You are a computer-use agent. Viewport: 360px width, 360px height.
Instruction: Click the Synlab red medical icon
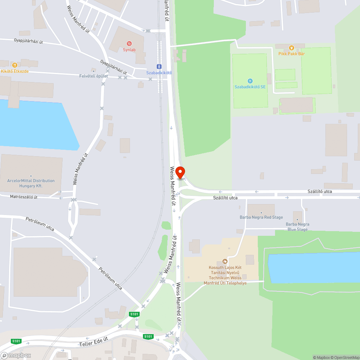pyautogui.click(x=129, y=44)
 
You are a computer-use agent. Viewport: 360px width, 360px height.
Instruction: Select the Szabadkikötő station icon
pyautogui.click(x=159, y=67)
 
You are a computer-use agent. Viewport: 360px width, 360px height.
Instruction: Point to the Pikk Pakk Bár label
pyautogui.click(x=291, y=54)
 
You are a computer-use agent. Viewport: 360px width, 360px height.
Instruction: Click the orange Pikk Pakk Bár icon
pyautogui.click(x=292, y=48)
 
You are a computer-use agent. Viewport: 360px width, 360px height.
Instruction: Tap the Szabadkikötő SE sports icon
pyautogui.click(x=250, y=81)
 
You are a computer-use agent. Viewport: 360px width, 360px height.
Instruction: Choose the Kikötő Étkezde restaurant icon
pyautogui.click(x=14, y=65)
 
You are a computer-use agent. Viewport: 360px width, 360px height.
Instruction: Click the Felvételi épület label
pyautogui.click(x=94, y=76)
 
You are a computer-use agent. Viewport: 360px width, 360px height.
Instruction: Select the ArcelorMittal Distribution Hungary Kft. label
pyautogui.click(x=31, y=183)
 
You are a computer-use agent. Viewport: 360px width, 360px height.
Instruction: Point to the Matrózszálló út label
pyautogui.click(x=24, y=197)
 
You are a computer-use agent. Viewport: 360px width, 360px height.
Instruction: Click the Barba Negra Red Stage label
pyautogui.click(x=261, y=217)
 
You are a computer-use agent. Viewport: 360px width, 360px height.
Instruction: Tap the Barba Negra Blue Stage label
pyautogui.click(x=297, y=227)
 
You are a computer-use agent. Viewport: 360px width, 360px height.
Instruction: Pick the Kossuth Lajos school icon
pyautogui.click(x=225, y=261)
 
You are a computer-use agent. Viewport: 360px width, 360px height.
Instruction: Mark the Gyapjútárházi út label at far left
pyautogui.click(x=28, y=41)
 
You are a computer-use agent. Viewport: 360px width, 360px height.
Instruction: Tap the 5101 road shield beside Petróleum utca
pyautogui.click(x=134, y=314)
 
